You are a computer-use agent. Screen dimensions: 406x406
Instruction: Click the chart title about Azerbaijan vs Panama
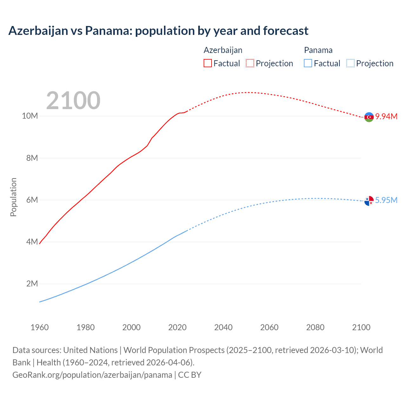click(x=158, y=31)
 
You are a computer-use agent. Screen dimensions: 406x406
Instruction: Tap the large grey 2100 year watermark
click(x=73, y=101)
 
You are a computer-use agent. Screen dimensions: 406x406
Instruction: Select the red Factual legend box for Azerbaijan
click(x=208, y=63)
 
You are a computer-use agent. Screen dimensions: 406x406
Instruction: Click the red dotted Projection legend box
click(x=250, y=63)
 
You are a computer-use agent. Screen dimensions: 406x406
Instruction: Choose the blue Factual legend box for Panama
click(x=308, y=63)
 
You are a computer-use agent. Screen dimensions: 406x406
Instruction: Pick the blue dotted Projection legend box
click(x=350, y=63)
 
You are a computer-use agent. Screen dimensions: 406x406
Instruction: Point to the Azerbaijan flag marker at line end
click(x=369, y=117)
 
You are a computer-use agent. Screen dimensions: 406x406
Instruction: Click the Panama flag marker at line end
click(x=369, y=201)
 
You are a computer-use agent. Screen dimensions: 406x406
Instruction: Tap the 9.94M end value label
click(x=386, y=116)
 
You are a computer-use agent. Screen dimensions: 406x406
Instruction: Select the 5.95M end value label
click(x=386, y=200)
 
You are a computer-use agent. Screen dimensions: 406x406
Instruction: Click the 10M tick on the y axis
click(x=30, y=116)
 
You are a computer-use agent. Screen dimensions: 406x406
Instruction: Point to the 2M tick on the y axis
click(x=32, y=284)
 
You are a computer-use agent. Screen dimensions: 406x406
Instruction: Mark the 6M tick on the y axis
click(x=32, y=200)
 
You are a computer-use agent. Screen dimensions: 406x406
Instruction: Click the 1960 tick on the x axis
click(x=40, y=327)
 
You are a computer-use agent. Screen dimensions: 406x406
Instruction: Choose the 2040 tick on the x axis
click(x=223, y=327)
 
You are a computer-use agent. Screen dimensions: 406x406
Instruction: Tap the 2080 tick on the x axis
click(x=315, y=327)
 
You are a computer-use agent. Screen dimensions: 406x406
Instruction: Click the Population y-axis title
click(x=13, y=197)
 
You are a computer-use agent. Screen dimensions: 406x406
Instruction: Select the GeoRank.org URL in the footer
click(x=92, y=375)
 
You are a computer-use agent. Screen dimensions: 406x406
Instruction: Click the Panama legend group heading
click(x=318, y=50)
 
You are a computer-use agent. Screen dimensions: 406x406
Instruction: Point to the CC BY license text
click(x=190, y=375)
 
